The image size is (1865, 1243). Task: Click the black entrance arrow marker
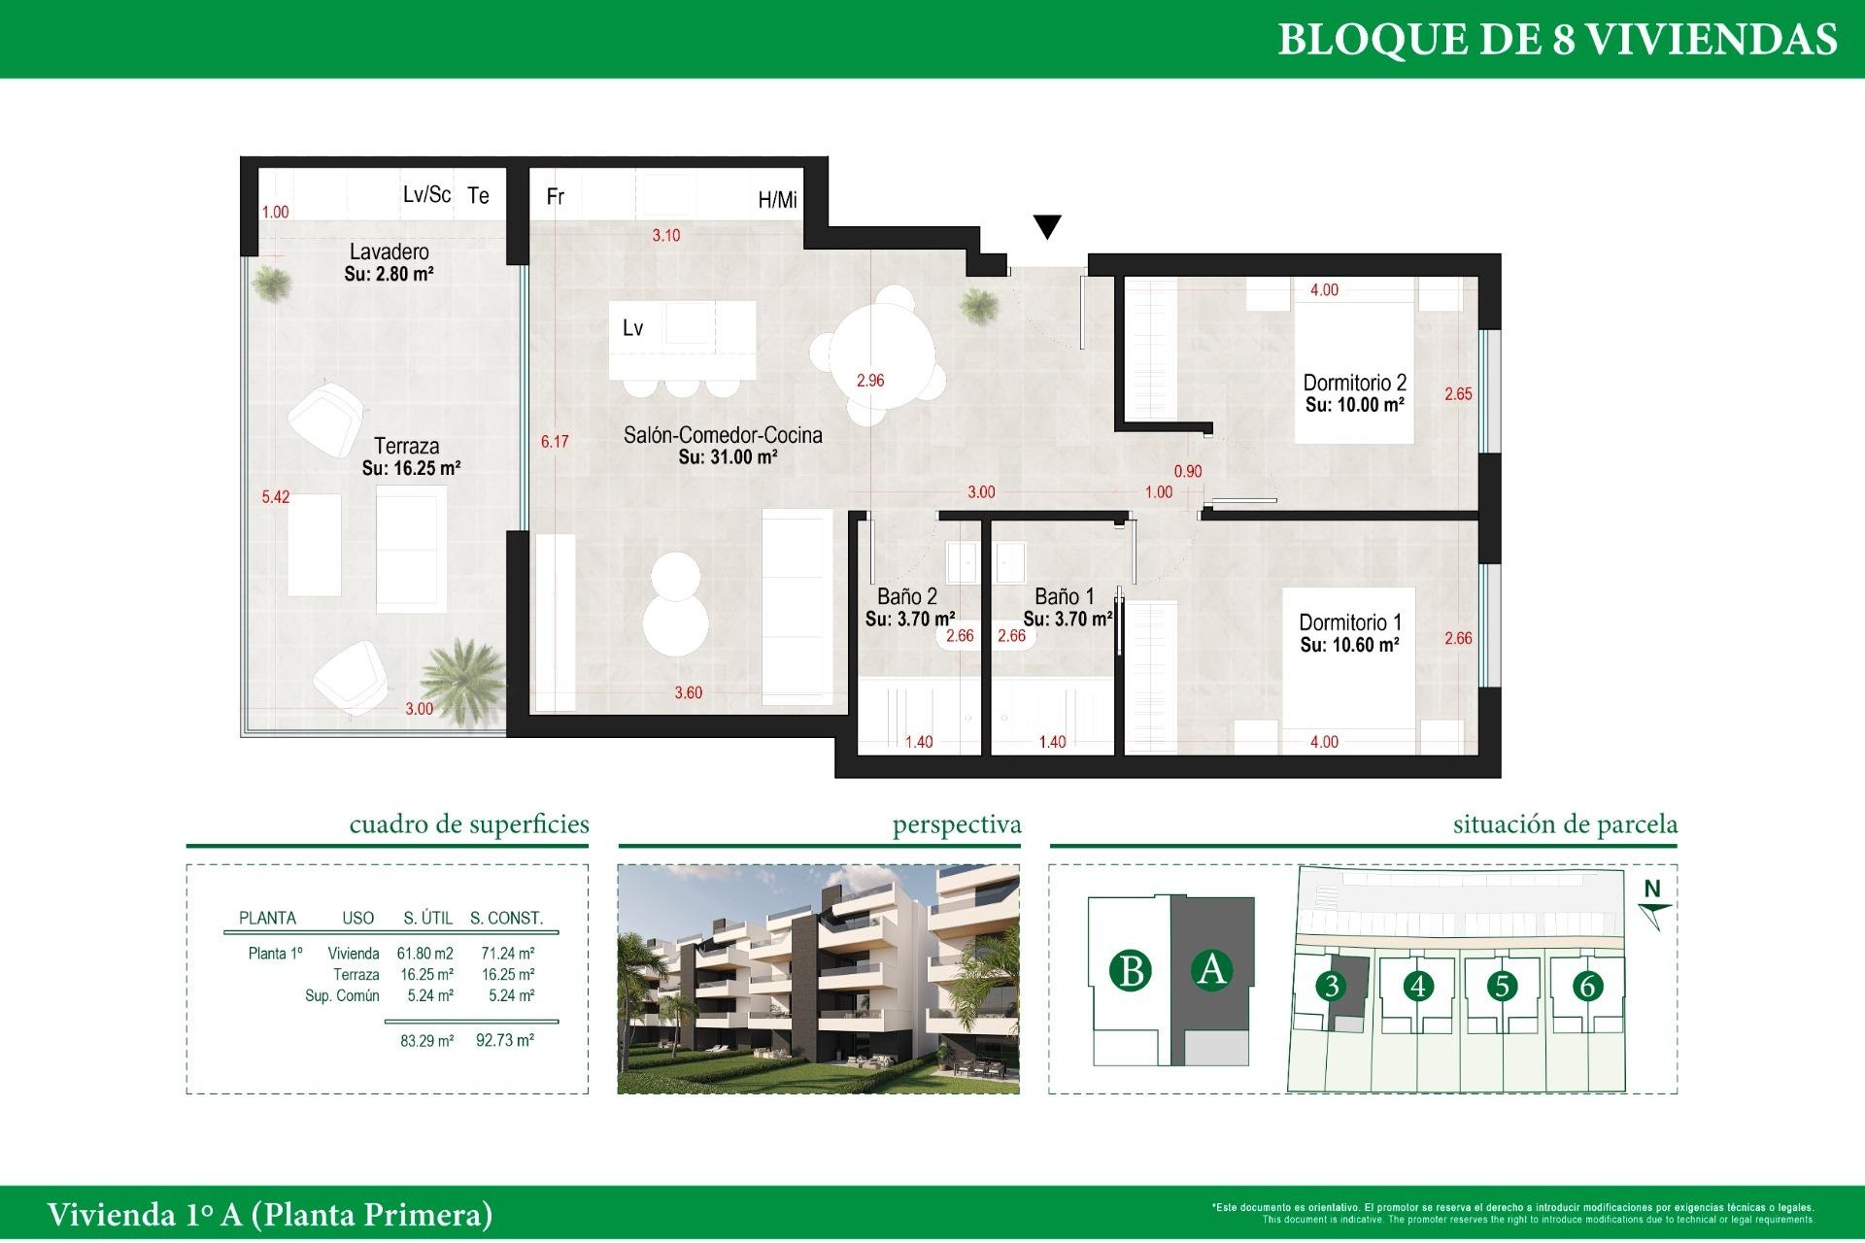[1046, 226]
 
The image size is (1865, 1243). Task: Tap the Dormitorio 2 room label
[1354, 383]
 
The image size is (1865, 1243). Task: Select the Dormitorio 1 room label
[1349, 622]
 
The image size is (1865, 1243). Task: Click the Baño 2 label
[906, 596]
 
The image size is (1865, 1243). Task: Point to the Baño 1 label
[1064, 596]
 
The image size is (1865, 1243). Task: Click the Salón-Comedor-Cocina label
[723, 435]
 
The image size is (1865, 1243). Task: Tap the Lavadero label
[389, 252]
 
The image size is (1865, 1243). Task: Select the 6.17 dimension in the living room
[555, 442]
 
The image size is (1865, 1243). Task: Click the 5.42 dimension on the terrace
[275, 497]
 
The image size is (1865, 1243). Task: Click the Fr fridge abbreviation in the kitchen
[556, 197]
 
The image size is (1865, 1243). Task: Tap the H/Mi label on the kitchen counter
[777, 200]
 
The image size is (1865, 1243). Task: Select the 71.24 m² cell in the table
[507, 954]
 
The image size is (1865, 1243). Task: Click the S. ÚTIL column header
[427, 918]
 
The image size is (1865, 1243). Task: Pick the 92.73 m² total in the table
[504, 1040]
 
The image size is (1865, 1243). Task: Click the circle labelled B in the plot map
[1131, 970]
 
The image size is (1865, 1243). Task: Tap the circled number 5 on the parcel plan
[1502, 986]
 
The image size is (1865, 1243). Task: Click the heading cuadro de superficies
[469, 824]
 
